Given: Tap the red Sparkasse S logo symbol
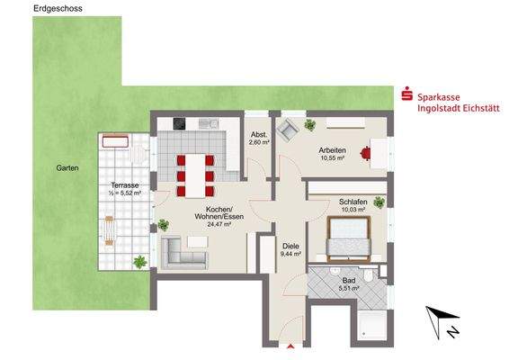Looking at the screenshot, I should (x=406, y=93).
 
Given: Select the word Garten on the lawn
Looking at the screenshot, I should (x=67, y=168).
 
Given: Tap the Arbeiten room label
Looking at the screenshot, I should (x=335, y=150).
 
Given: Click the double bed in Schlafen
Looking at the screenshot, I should (x=349, y=238).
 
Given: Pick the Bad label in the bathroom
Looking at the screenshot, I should (x=348, y=279).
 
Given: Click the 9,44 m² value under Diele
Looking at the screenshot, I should (x=290, y=255).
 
